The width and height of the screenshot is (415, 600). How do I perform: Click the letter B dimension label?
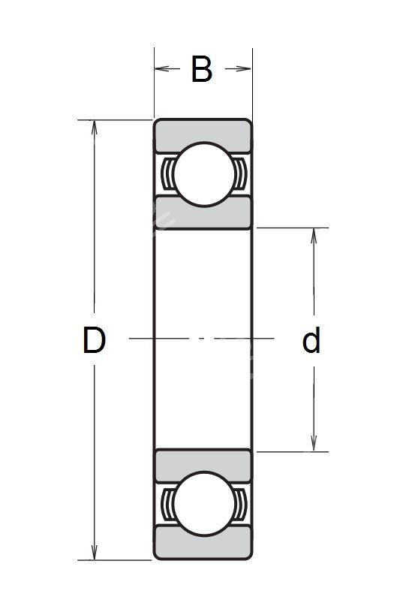201,69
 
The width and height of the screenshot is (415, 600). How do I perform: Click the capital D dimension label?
94,339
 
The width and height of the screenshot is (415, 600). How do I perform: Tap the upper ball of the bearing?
203,174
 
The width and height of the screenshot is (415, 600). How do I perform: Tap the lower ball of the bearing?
203,504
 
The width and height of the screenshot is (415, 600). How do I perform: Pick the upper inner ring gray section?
203,214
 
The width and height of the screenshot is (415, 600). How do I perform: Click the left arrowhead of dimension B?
162,69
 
